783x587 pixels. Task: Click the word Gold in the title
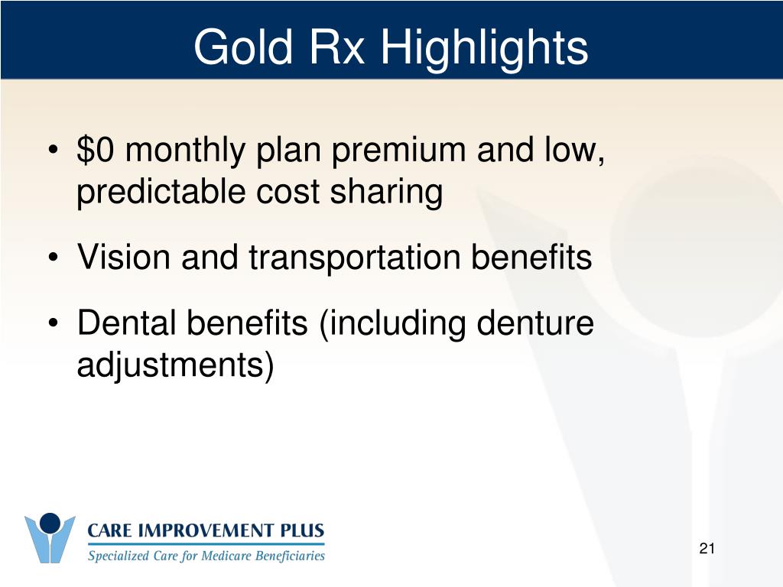pyautogui.click(x=242, y=47)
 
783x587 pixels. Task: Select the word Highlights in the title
pyautogui.click(x=484, y=48)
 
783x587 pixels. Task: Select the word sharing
pyautogui.click(x=386, y=193)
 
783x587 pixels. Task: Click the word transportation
pyautogui.click(x=354, y=258)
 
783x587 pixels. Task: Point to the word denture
pyautogui.click(x=534, y=323)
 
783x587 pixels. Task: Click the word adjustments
pyautogui.click(x=169, y=366)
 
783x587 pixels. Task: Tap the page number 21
pyautogui.click(x=707, y=548)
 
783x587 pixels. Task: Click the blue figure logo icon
pyautogui.click(x=50, y=538)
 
